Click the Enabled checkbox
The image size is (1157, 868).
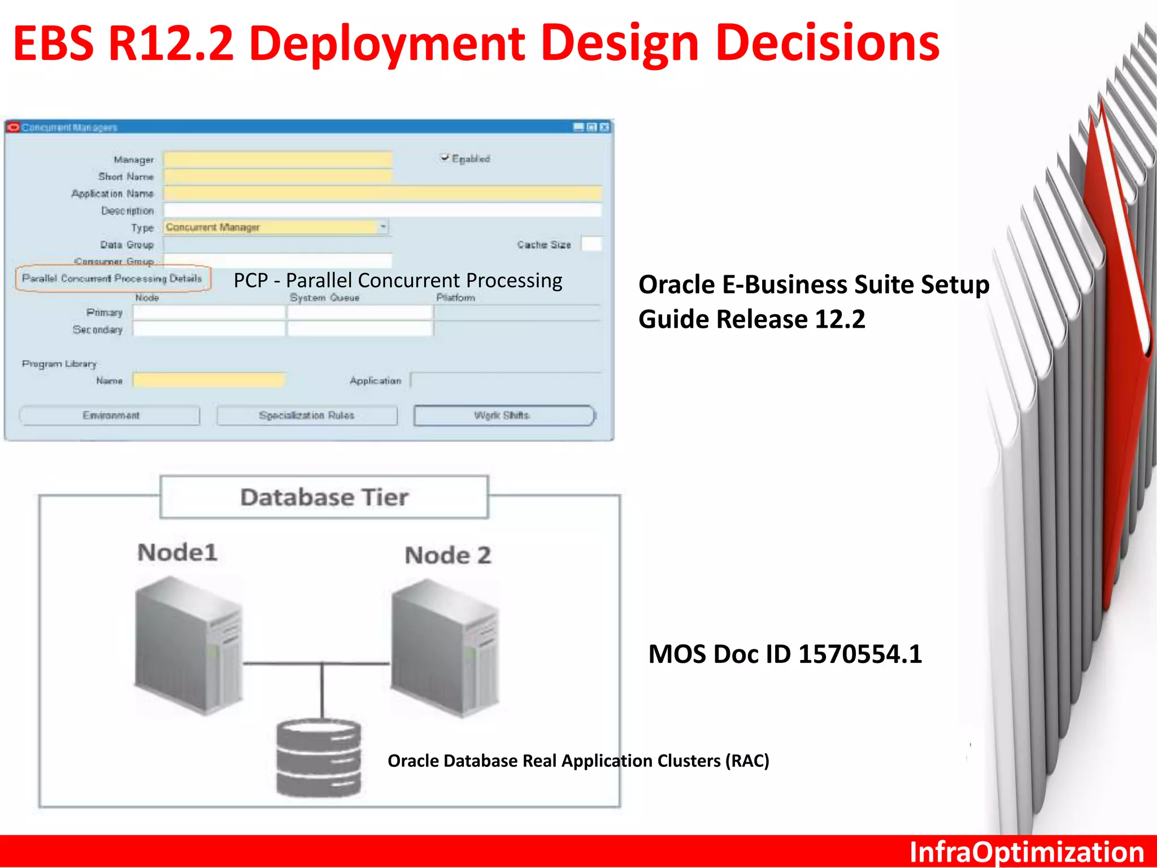445,158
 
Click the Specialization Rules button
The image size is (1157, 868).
307,415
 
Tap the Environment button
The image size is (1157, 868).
110,415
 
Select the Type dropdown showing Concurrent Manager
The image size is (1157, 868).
276,227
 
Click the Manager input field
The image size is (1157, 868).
277,159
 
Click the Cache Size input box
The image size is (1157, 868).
591,244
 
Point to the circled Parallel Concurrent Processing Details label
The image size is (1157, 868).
112,279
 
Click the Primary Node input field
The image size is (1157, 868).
209,313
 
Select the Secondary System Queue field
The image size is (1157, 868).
360,329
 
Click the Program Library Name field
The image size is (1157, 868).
209,380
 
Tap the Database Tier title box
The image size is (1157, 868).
324,497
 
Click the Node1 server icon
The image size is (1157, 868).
189,644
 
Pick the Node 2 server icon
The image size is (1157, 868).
446,647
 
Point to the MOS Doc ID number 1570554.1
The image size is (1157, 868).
860,654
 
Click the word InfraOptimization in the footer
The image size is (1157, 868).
1026,852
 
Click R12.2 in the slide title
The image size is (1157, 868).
171,44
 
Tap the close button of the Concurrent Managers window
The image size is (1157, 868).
604,127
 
